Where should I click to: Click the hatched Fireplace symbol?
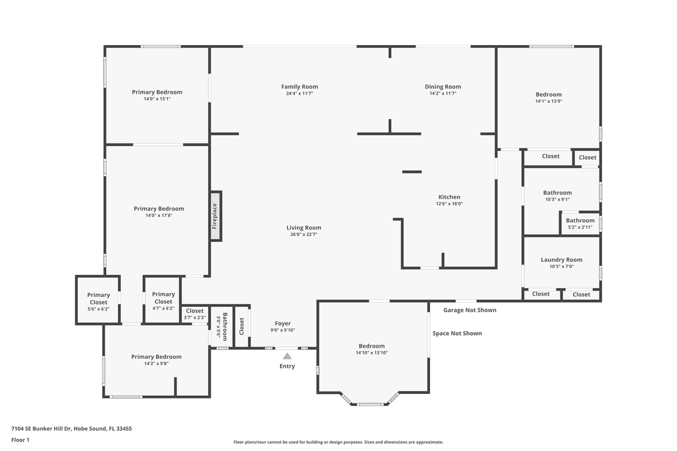pyautogui.click(x=216, y=217)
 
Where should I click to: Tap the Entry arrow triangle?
pyautogui.click(x=287, y=356)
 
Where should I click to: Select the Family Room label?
pyautogui.click(x=299, y=87)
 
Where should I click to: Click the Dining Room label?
pyautogui.click(x=443, y=87)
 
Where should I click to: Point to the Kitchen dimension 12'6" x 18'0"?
pyautogui.click(x=449, y=204)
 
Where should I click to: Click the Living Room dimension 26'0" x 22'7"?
pyautogui.click(x=304, y=235)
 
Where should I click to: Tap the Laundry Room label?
pyautogui.click(x=561, y=260)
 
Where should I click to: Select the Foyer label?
pyautogui.click(x=283, y=324)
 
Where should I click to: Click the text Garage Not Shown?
pyautogui.click(x=470, y=310)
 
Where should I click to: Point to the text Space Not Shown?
pyautogui.click(x=457, y=333)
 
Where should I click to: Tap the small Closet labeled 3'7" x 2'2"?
pyautogui.click(x=194, y=314)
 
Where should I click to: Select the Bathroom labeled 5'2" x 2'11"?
pyautogui.click(x=580, y=223)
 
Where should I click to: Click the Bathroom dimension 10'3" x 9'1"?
pyautogui.click(x=557, y=200)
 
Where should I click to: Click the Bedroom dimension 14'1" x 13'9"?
pyautogui.click(x=548, y=101)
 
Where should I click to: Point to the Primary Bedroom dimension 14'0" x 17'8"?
pyautogui.click(x=159, y=215)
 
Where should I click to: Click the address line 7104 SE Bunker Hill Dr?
pyautogui.click(x=71, y=429)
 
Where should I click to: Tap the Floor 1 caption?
pyautogui.click(x=20, y=440)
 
